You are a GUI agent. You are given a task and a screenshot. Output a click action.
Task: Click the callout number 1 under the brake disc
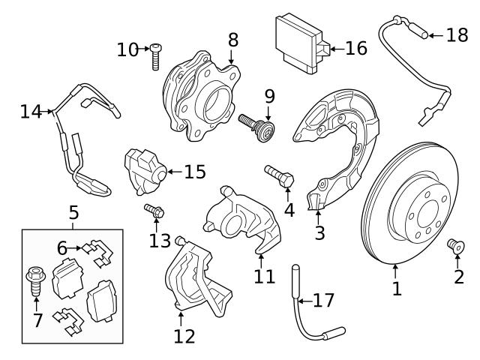pos(397,287)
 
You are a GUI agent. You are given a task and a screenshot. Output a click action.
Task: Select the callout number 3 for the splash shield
pos(319,232)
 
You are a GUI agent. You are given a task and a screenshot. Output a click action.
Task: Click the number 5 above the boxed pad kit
pos(73,213)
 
